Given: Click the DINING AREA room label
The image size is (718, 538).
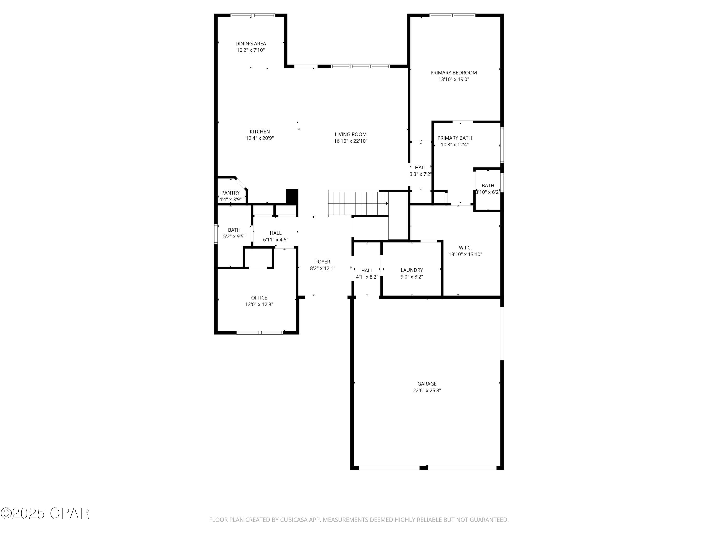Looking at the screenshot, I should tap(251, 44).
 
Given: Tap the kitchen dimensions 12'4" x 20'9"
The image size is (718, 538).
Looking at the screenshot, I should tap(259, 138).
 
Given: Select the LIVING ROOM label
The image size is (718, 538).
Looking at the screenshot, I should tap(351, 134).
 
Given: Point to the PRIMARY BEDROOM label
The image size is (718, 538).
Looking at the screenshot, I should tap(454, 73).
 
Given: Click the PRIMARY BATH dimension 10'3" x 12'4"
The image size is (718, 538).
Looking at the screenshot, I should tap(454, 145).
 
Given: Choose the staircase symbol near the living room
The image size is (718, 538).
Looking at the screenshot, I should tap(357, 203).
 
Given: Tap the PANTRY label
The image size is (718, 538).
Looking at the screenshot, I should tap(230, 193).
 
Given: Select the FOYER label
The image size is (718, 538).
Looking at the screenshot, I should tap(322, 262).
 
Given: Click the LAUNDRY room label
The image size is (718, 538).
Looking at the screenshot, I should tap(412, 270).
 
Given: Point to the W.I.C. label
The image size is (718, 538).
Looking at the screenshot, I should tap(465, 248).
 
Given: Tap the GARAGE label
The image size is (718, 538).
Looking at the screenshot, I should tap(427, 384).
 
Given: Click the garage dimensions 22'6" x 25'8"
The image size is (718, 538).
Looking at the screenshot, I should tap(427, 390).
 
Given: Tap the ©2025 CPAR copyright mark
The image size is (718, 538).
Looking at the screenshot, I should tap(45, 513).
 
